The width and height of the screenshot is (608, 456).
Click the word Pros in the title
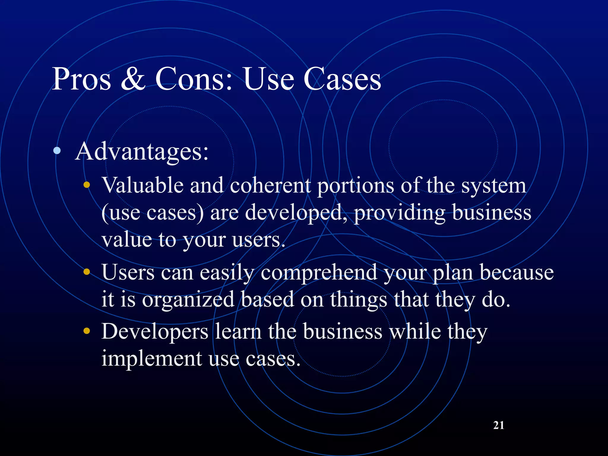point(82,79)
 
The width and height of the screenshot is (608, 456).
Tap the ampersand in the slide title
point(133,79)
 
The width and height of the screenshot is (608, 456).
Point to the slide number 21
point(498,425)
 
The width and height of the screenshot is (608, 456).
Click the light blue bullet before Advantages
point(57,151)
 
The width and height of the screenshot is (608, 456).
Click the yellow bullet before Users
point(87,272)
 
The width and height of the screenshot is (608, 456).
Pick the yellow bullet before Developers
point(87,331)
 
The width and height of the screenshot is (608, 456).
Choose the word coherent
point(270,186)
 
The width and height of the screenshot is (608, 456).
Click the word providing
point(400,213)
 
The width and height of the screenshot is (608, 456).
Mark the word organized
point(189,300)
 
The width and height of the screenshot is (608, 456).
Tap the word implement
point(152,359)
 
